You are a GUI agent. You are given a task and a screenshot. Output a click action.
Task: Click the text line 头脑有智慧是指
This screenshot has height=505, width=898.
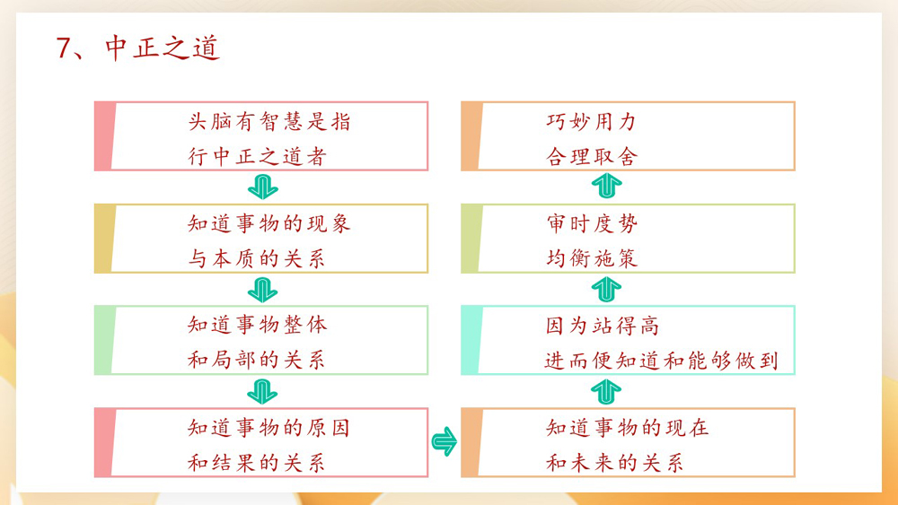pos(269,121)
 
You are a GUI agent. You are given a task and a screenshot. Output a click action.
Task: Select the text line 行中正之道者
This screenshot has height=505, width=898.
pos(257,157)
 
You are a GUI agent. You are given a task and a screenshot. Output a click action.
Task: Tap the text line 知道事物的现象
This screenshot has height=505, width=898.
pos(269,223)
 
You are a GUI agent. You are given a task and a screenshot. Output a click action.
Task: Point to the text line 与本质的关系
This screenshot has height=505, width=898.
pos(257,259)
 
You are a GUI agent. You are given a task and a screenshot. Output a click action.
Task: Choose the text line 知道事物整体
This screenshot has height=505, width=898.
pos(257,325)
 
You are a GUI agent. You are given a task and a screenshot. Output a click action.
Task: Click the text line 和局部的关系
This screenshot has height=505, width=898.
pos(257,361)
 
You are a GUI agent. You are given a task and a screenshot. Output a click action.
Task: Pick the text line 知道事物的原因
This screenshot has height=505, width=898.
pos(269,427)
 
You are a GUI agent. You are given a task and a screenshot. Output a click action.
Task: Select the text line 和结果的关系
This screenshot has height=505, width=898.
pos(257,463)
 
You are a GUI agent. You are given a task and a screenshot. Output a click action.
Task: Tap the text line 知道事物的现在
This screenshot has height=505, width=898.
pos(627,427)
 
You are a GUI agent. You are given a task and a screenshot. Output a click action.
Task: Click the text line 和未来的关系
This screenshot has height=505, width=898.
pos(615,463)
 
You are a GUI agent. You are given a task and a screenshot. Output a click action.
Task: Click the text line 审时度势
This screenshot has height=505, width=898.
pos(592,223)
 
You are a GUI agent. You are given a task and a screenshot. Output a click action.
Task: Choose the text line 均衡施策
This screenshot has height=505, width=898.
pos(592,259)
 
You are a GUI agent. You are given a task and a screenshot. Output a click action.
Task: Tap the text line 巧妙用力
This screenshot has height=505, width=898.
pos(592,121)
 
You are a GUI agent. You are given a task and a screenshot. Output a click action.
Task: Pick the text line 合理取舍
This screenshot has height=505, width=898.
pos(592,157)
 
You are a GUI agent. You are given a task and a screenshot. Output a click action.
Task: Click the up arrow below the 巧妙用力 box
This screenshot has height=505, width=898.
pos(608,187)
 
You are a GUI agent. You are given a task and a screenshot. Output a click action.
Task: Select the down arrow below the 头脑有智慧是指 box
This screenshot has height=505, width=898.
pos(262,187)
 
